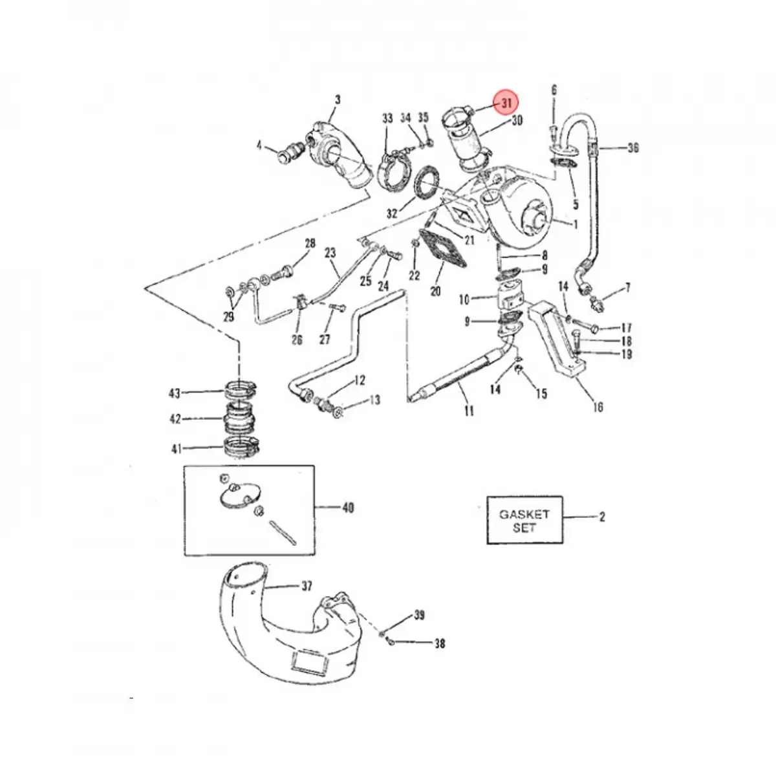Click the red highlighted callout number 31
[506, 103]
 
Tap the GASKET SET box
[524, 521]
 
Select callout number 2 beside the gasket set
[602, 517]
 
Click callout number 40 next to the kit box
[348, 508]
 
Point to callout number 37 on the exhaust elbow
[306, 586]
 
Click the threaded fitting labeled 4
[287, 153]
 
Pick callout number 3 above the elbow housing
[337, 100]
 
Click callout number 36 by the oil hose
[632, 148]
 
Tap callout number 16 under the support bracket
[598, 407]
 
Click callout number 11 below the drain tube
[469, 411]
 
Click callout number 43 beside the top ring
[175, 393]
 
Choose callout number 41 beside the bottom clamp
[176, 449]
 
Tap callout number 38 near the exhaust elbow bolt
[440, 643]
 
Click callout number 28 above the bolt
[310, 244]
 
